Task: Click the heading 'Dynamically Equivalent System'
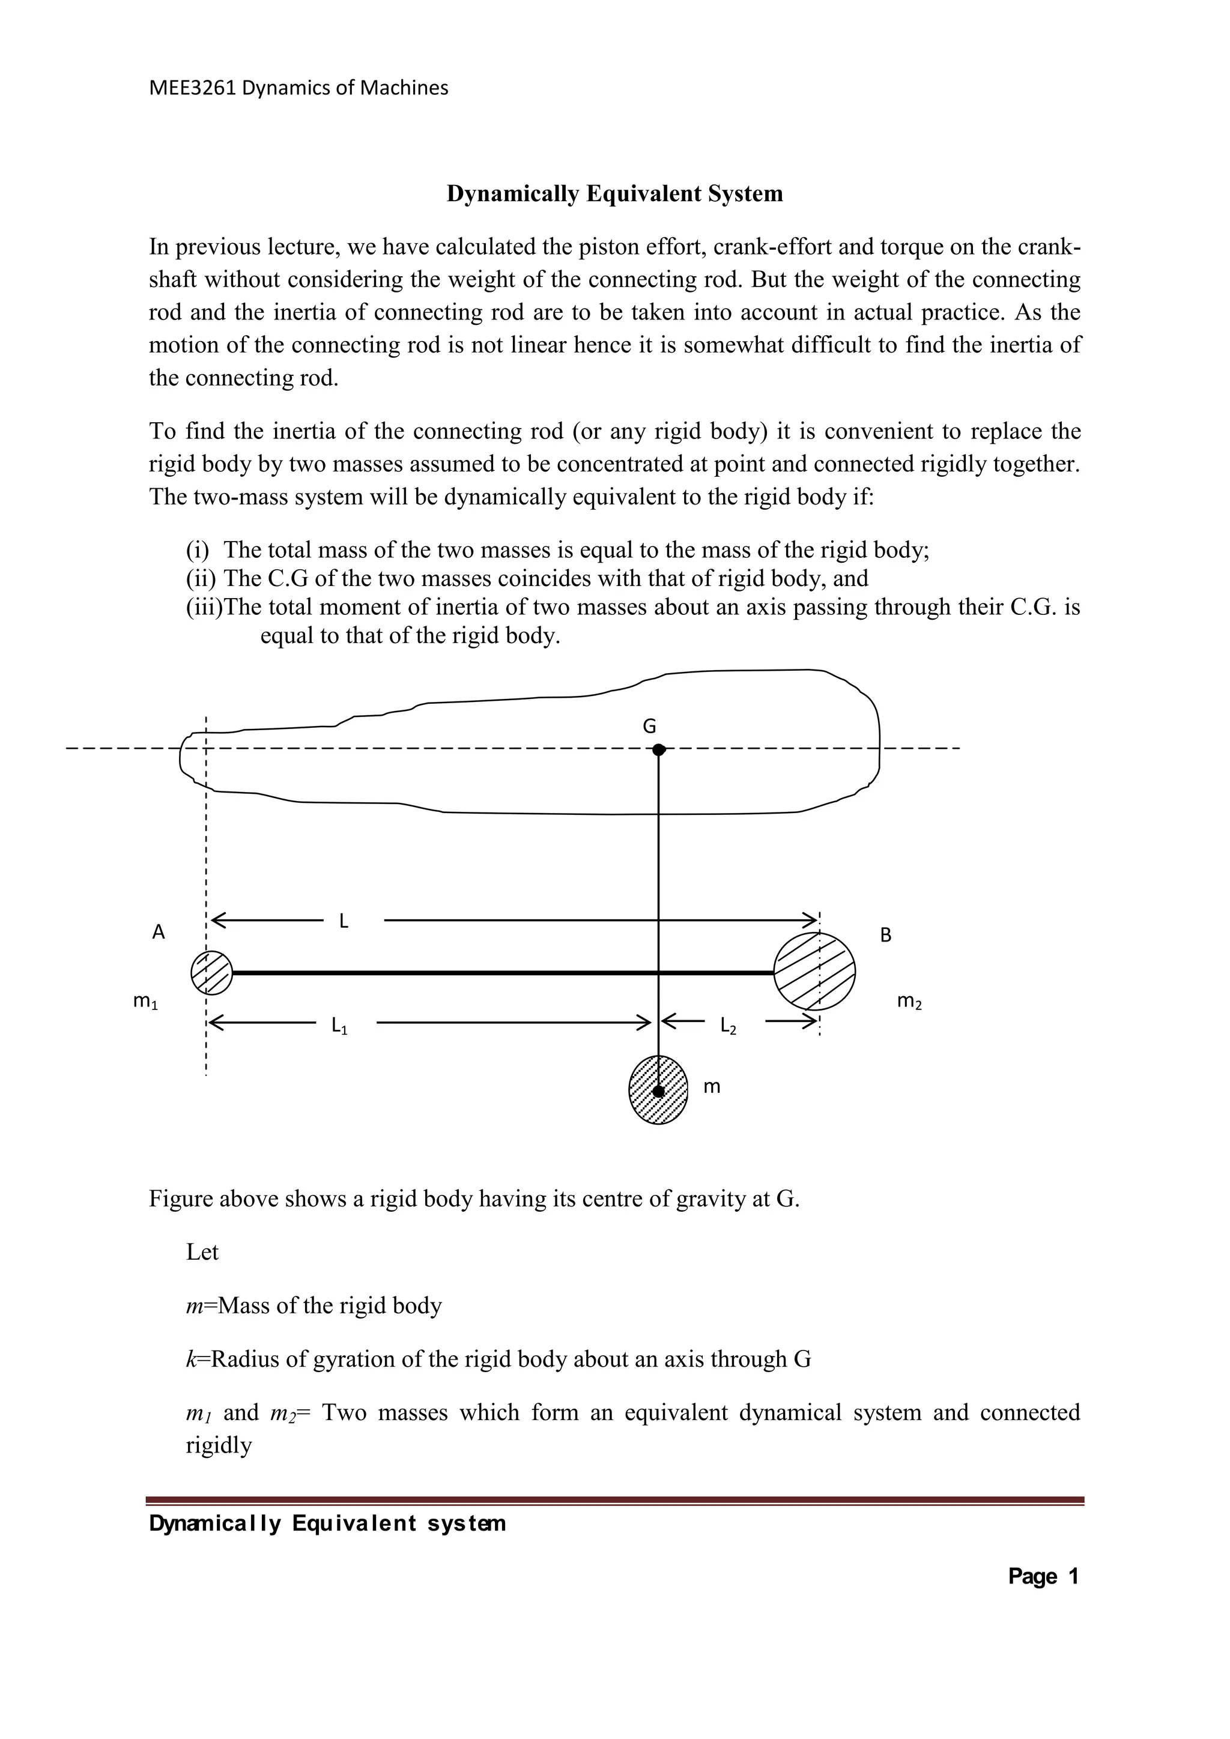[614, 194]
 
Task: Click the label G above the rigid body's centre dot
[649, 727]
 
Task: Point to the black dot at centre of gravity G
[659, 750]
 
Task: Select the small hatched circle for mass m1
[211, 973]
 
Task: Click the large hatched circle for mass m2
[814, 971]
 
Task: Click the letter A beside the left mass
[159, 933]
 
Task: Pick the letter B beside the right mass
[885, 936]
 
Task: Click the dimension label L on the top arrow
[344, 921]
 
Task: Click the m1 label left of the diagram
[145, 1002]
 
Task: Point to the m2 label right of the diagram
[909, 1002]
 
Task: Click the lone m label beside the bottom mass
[712, 1087]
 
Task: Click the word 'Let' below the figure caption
[202, 1252]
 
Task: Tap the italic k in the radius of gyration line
[191, 1359]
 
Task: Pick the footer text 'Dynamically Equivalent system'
[327, 1523]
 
